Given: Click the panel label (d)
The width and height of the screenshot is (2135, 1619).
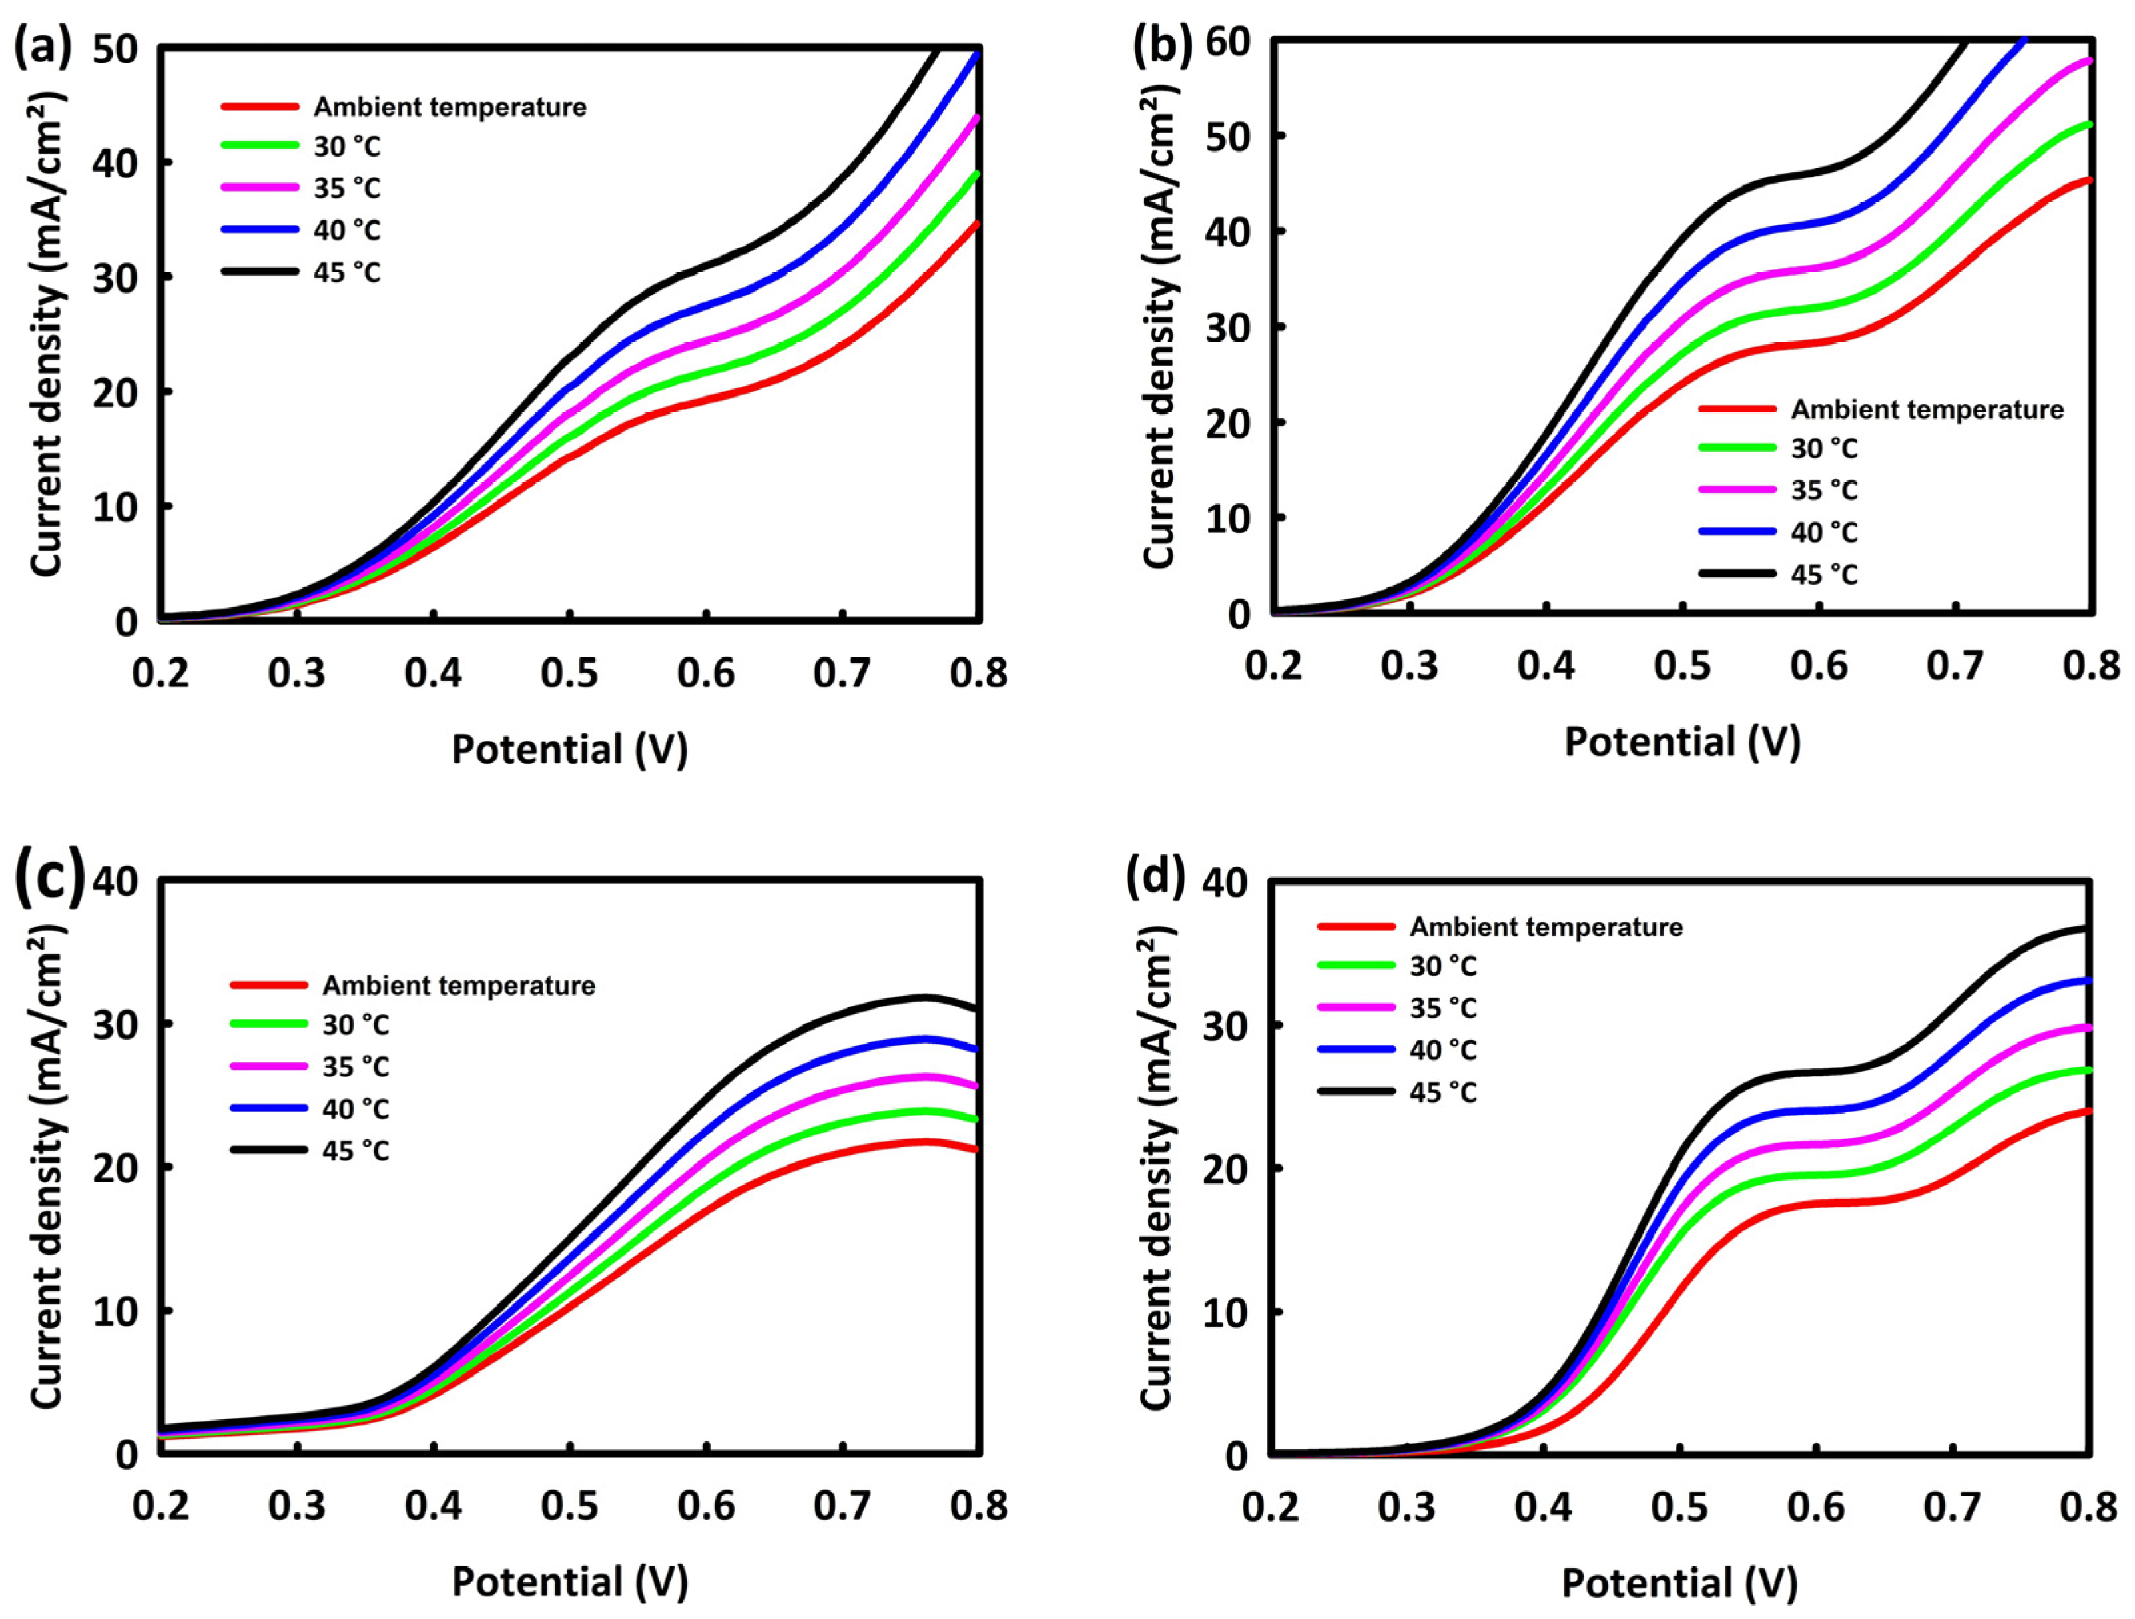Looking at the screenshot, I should point(1155,876).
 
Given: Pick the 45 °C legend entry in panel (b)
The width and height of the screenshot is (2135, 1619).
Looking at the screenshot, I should point(1824,575).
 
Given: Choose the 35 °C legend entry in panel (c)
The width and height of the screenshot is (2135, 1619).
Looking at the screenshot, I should point(355,1067).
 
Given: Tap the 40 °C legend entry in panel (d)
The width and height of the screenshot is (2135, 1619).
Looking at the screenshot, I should point(1443,1050).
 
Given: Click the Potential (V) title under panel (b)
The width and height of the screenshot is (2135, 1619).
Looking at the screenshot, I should point(1682,741).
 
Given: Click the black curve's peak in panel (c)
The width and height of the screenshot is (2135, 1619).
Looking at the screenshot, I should point(924,996).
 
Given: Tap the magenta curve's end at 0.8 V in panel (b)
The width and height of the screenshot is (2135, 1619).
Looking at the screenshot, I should point(2087,60).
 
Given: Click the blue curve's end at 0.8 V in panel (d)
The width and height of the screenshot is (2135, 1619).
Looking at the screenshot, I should point(2087,981).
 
